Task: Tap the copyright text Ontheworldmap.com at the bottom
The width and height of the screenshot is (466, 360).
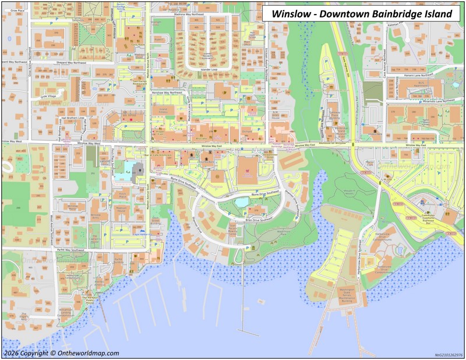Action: coord(61,353)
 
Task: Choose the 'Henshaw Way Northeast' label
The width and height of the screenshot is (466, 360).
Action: coord(167,93)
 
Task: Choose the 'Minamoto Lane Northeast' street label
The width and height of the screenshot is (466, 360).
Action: coord(423,100)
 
